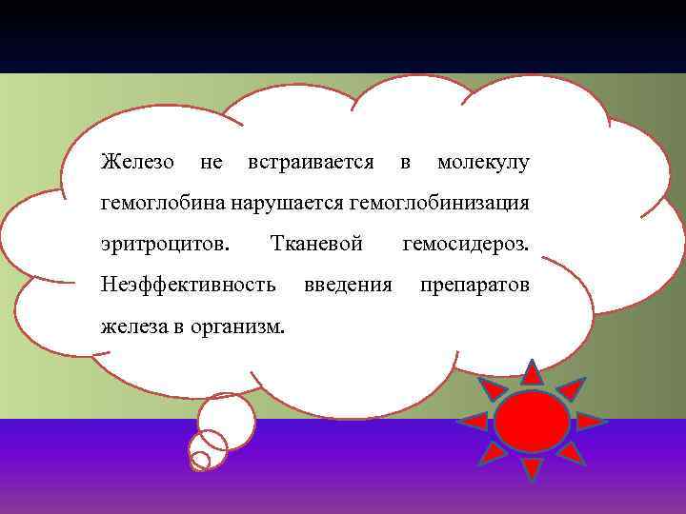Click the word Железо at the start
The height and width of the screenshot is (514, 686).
tap(137, 163)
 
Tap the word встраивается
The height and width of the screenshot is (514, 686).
tap(310, 163)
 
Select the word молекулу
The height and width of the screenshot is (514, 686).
tap(482, 163)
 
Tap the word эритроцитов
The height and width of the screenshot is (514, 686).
tap(165, 245)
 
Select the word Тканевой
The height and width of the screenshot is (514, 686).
tap(316, 245)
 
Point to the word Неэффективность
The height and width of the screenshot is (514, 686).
tap(189, 285)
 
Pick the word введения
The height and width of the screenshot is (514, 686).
tap(348, 285)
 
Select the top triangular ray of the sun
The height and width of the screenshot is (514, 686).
tap(532, 373)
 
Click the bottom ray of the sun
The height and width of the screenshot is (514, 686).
tap(532, 467)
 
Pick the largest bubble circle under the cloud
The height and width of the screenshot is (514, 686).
tap(227, 419)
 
